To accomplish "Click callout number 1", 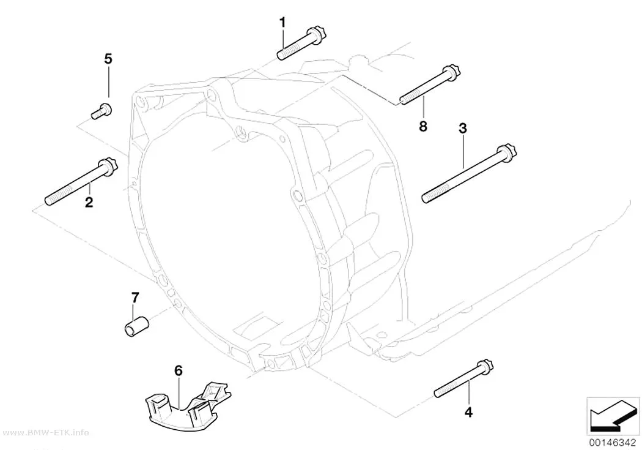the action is point(282,23).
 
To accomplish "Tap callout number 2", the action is point(89,201).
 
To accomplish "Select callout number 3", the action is point(463,129).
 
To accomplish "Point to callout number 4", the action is point(468,412).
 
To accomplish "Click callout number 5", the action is point(108,59).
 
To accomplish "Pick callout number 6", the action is point(178,370).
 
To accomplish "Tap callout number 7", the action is point(135,297).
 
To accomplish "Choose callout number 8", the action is point(423,126).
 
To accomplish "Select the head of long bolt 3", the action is point(507,152).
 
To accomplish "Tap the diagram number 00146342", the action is point(613,443).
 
